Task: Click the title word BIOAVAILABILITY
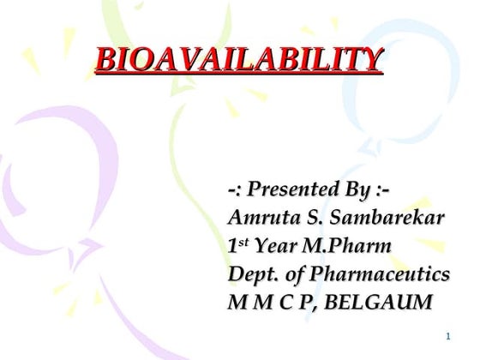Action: pos(239,60)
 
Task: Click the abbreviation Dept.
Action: pos(251,275)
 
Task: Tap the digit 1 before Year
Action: pos(233,247)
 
